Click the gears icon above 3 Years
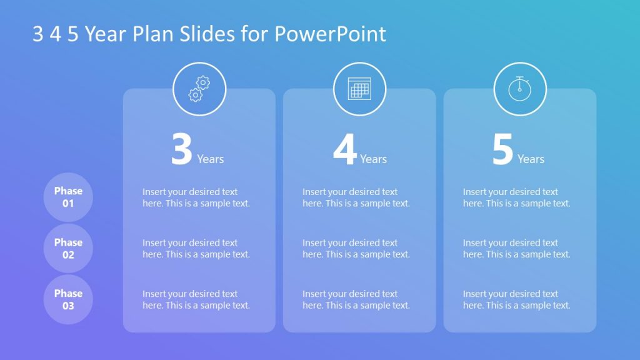(x=199, y=89)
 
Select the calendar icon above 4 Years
(x=359, y=89)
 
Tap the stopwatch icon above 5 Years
(x=520, y=89)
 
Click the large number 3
(x=182, y=151)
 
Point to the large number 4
(x=344, y=151)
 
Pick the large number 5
(x=502, y=151)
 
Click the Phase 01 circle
(x=68, y=197)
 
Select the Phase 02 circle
(x=68, y=248)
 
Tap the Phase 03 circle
(x=68, y=299)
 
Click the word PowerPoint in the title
(x=331, y=34)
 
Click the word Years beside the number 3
(x=211, y=159)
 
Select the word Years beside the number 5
(x=531, y=159)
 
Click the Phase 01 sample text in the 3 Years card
(x=196, y=197)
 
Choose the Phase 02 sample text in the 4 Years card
(x=356, y=249)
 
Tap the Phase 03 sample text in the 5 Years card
(x=517, y=299)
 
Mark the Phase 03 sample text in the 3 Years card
(x=196, y=299)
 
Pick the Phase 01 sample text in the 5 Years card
(x=517, y=197)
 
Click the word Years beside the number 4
(x=373, y=159)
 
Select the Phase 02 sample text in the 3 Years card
(x=196, y=249)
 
